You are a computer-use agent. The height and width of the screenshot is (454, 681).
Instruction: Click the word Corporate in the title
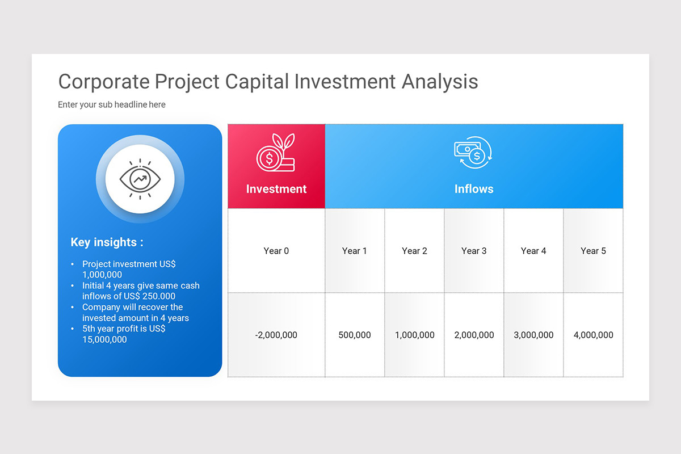104,82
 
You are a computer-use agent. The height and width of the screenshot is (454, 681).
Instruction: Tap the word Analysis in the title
440,82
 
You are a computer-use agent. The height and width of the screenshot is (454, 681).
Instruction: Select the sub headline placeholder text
112,104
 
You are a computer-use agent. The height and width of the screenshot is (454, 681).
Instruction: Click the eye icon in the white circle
140,179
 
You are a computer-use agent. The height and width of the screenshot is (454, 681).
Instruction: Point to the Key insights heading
107,242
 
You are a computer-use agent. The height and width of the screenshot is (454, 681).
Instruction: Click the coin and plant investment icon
276,152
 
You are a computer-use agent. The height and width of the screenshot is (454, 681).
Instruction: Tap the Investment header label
276,189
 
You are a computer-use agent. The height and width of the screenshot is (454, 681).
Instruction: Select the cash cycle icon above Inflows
473,152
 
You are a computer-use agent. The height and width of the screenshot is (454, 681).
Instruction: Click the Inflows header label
474,189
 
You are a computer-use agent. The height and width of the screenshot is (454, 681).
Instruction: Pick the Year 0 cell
276,251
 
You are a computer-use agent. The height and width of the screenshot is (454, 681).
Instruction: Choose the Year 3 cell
474,251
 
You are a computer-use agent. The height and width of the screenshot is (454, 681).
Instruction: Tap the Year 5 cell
593,251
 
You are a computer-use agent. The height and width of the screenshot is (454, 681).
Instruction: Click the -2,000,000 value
276,335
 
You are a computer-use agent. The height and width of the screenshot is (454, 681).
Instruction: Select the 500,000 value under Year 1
355,335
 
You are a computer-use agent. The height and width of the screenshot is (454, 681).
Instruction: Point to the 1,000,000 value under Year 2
414,335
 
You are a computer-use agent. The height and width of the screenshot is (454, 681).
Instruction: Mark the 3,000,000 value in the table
533,335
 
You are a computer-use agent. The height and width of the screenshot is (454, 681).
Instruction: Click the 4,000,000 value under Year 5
593,335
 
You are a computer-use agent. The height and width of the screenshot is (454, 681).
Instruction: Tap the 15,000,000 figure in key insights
104,339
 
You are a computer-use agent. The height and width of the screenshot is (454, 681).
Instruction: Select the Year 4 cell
533,251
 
